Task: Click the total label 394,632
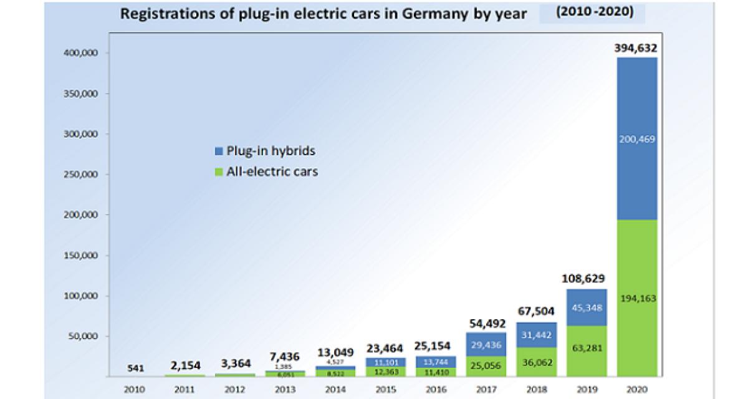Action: tap(636, 48)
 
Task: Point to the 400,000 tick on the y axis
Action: tap(82, 54)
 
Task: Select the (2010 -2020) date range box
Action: tap(592, 12)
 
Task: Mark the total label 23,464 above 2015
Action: tap(385, 348)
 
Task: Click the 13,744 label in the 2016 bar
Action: tap(435, 362)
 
